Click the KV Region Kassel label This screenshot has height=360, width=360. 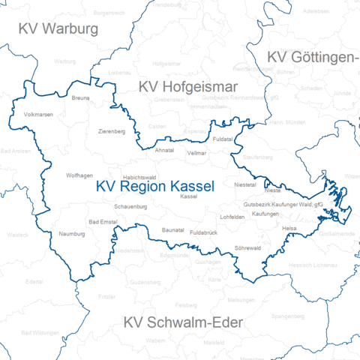tap(154, 186)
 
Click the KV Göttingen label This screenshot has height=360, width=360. tap(311, 58)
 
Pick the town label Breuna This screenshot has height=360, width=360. tap(80, 98)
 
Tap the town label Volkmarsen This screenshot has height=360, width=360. tap(39, 115)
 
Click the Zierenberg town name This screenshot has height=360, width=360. tap(112, 131)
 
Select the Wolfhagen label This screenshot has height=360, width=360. tap(79, 175)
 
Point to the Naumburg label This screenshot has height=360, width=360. tap(73, 234)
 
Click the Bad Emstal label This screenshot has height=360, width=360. tap(103, 222)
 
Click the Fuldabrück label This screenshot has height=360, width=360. tap(203, 233)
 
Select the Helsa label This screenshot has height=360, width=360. tap(289, 227)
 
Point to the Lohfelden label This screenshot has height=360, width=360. tap(232, 217)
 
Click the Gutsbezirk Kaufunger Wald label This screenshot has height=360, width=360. tap(283, 204)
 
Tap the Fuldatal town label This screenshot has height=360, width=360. tap(223, 139)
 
